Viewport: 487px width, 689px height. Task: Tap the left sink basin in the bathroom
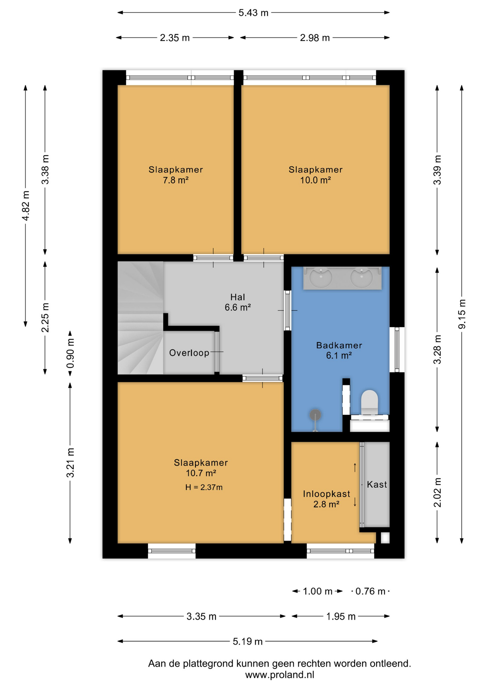click(x=321, y=277)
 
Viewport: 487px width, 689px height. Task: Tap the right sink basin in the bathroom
click(x=361, y=277)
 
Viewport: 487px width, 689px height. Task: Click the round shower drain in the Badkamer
click(x=315, y=415)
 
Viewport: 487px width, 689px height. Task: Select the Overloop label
click(x=189, y=353)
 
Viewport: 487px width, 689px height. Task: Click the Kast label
click(x=377, y=484)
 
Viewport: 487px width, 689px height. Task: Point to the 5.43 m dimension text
click(x=254, y=13)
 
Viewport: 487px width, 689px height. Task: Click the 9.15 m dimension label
click(x=462, y=314)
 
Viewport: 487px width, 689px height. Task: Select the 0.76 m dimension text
click(x=370, y=591)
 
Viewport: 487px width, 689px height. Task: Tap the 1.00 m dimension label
click(x=318, y=591)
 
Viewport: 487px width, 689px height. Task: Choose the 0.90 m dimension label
click(x=70, y=353)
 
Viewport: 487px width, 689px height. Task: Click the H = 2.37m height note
click(x=204, y=487)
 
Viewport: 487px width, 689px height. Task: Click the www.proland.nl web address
click(x=280, y=675)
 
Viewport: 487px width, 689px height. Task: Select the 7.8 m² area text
click(x=176, y=180)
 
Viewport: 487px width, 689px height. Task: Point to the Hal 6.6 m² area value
click(x=238, y=308)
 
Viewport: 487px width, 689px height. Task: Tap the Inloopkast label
click(x=326, y=494)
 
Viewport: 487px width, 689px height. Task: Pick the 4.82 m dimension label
click(x=25, y=206)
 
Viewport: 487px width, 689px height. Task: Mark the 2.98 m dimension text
click(x=315, y=38)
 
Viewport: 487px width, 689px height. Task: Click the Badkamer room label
click(x=339, y=345)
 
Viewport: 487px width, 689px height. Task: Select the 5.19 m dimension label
click(x=248, y=641)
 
